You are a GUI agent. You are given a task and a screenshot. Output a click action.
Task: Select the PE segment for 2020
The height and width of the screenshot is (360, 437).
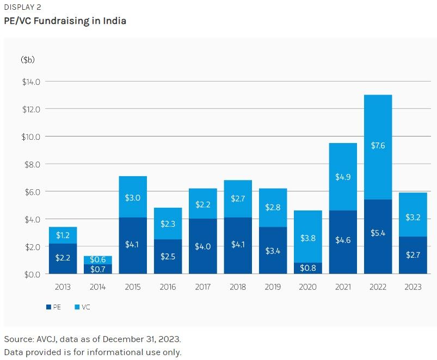307,268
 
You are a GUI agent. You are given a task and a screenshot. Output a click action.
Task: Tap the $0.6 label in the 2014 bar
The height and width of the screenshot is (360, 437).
97,259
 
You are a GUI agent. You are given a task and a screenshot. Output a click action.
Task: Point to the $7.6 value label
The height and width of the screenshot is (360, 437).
378,146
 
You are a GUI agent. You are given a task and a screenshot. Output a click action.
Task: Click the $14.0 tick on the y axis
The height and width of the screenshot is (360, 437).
31,82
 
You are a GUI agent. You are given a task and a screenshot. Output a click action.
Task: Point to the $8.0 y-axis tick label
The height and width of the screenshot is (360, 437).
31,164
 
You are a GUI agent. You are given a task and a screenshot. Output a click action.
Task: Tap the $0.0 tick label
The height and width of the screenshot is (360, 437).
31,274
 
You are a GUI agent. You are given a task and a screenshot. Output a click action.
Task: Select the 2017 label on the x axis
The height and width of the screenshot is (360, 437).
202,287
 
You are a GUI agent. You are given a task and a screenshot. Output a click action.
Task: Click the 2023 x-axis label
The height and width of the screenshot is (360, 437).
413,287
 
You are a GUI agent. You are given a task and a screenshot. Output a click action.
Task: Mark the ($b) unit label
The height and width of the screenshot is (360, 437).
28,60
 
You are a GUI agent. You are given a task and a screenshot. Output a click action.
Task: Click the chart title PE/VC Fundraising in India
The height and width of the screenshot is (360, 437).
65,21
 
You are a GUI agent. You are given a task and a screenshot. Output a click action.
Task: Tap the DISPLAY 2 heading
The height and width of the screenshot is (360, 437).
22,7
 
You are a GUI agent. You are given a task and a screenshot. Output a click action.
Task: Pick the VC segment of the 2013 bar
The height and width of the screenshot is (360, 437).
63,235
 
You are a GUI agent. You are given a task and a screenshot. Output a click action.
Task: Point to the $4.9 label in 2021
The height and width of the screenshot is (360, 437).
343,177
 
